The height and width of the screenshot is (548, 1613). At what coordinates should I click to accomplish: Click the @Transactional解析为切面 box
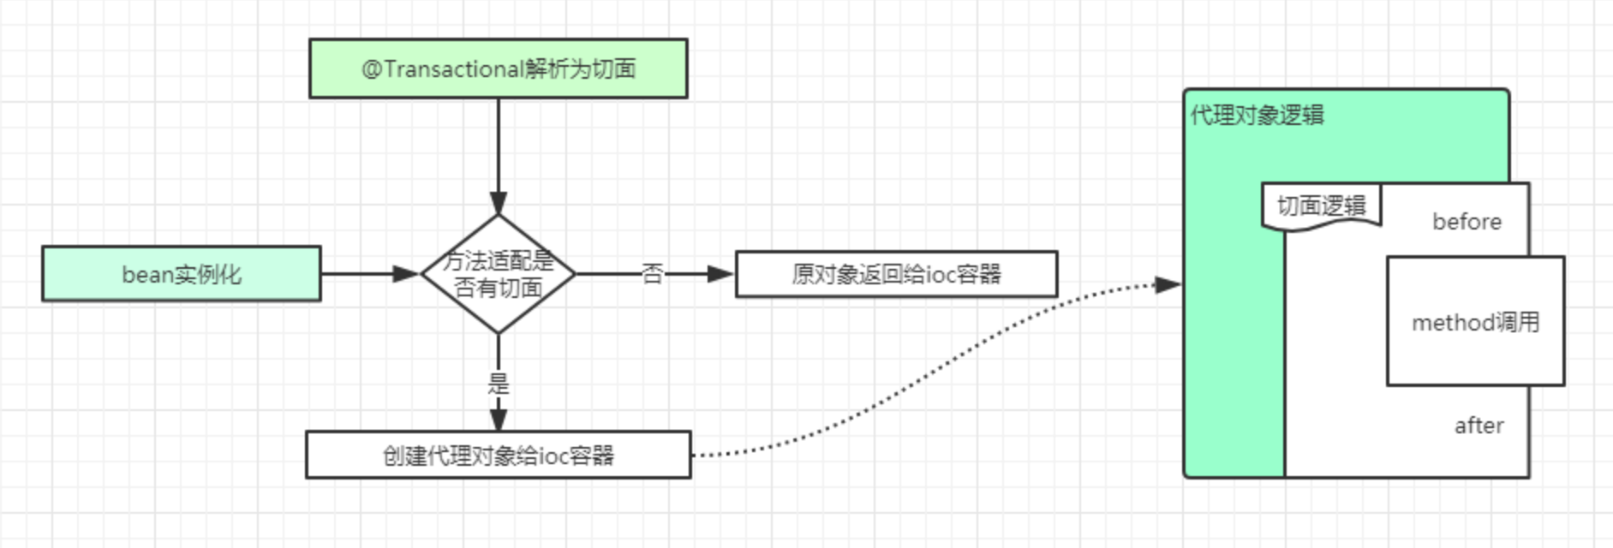(498, 68)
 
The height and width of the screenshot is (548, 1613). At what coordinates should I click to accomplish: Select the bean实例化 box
(182, 274)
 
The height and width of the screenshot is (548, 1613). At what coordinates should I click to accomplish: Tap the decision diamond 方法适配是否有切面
(498, 274)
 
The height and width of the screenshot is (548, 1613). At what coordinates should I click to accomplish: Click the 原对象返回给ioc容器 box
(896, 274)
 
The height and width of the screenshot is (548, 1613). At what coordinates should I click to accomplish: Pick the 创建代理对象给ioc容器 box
(498, 455)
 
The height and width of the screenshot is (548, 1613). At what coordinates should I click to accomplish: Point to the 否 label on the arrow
(652, 274)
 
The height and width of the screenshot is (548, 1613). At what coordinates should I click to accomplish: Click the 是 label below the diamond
(498, 383)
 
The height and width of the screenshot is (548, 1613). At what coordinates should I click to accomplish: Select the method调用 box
(1475, 322)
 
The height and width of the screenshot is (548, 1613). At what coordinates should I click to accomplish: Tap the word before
(1467, 222)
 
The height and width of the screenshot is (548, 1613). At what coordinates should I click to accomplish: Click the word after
(1479, 426)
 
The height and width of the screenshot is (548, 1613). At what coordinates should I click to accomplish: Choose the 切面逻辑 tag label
(1321, 206)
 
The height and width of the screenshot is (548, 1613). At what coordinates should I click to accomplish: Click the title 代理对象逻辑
(1257, 116)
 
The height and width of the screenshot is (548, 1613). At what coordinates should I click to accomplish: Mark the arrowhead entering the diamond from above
(498, 204)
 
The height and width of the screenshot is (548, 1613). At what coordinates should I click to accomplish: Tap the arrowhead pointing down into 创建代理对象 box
(498, 420)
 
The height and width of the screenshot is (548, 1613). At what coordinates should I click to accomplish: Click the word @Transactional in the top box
(443, 68)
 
